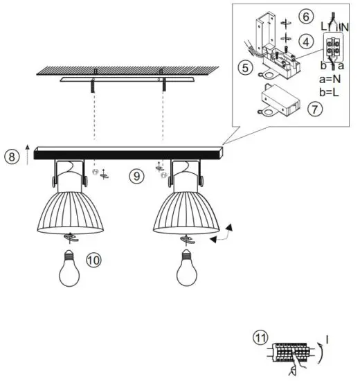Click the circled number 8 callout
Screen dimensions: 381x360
pos(12,157)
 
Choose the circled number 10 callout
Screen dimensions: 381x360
pos(93,260)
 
